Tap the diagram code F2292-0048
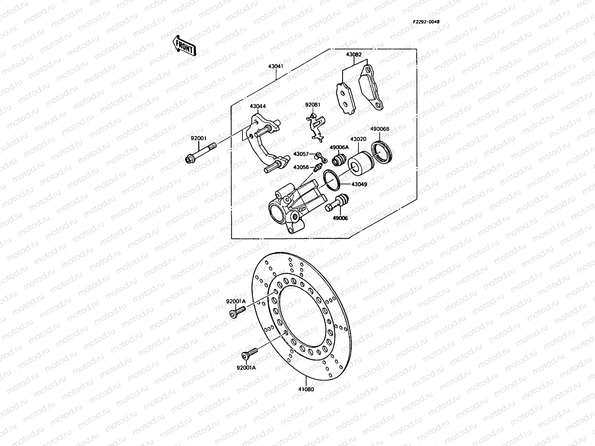[x=426, y=22]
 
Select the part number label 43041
[x=276, y=67]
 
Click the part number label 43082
[x=354, y=54]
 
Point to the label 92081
[x=312, y=105]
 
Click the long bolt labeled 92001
[x=201, y=153]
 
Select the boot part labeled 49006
[x=337, y=203]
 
